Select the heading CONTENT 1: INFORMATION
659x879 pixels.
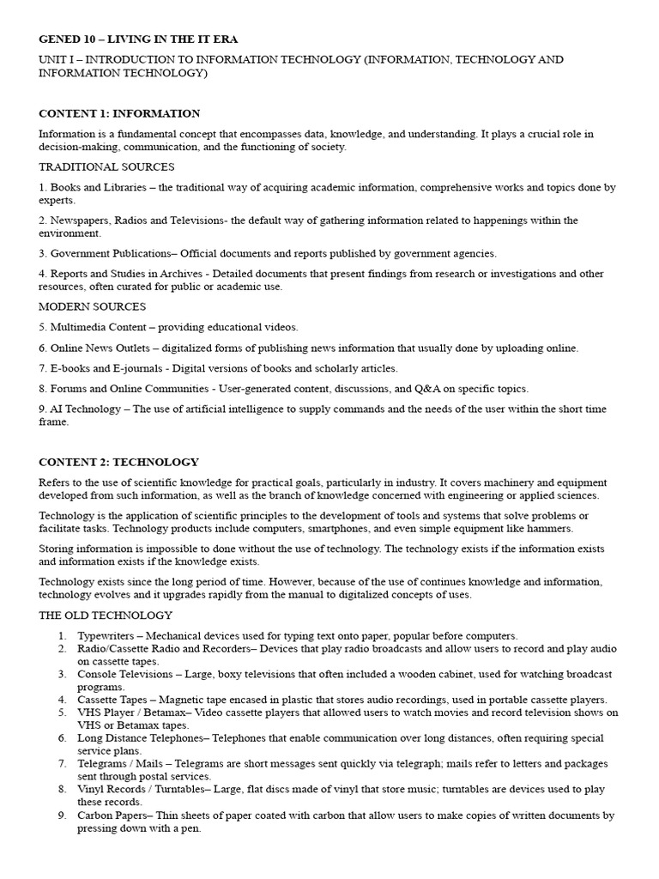point(119,113)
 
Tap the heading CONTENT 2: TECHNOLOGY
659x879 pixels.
point(118,462)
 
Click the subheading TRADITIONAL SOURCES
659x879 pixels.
point(106,167)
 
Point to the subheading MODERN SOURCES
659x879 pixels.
point(92,306)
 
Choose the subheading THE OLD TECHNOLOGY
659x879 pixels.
point(106,615)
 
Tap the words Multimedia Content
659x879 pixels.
point(98,327)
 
